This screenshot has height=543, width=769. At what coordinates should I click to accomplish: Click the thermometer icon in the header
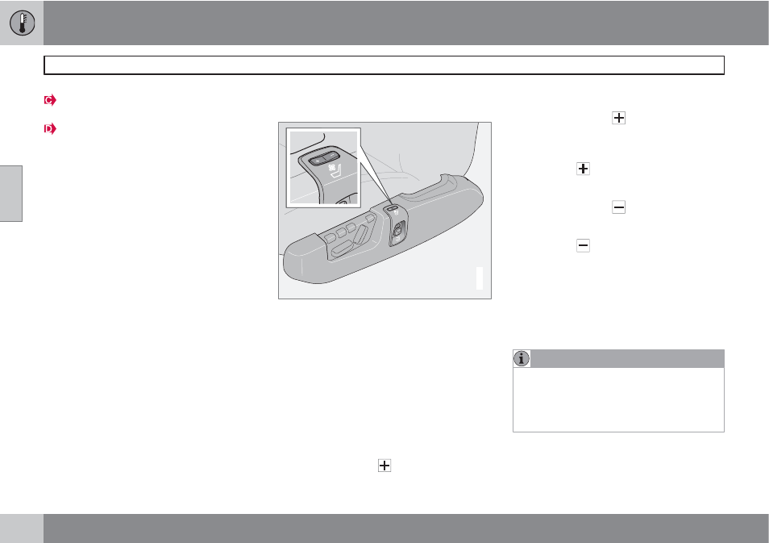tap(22, 23)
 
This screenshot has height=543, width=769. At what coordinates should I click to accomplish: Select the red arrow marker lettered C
tap(50, 100)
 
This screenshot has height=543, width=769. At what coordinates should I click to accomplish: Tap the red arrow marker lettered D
tap(50, 128)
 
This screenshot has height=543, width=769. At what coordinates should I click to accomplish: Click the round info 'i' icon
tap(522, 358)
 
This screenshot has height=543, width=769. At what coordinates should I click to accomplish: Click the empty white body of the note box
tap(618, 399)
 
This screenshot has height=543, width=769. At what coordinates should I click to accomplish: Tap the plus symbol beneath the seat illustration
tap(384, 466)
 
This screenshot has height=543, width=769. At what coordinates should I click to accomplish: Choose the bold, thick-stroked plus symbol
tap(583, 169)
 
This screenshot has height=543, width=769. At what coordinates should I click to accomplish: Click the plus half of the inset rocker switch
tap(318, 161)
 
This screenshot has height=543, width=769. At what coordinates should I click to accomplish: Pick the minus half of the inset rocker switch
tap(332, 157)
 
